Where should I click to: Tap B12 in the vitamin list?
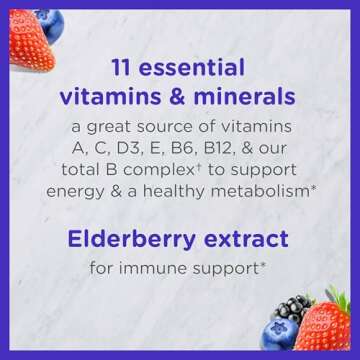[x=240, y=149]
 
